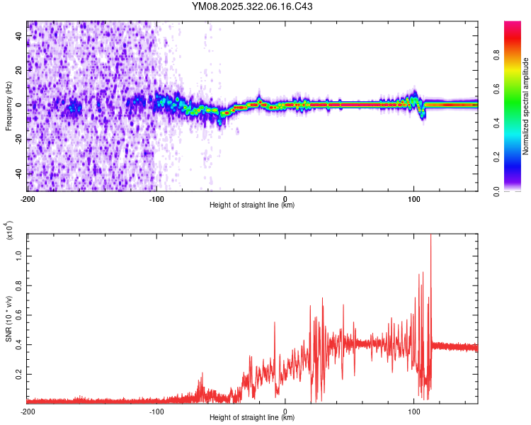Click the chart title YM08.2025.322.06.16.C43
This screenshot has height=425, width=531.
point(253,6)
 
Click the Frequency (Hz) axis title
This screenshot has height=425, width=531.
point(8,106)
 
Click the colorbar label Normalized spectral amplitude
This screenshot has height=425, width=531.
point(526,106)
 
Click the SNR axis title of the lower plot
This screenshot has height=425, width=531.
point(8,319)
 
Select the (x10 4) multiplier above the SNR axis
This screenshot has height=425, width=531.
point(8,231)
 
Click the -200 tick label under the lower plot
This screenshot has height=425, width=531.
point(27,411)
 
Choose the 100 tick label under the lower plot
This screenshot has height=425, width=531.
point(414,411)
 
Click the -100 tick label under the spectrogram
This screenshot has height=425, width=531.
point(156,198)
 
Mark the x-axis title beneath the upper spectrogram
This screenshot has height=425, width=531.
point(252,205)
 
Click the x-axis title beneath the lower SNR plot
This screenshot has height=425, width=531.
point(252,418)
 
